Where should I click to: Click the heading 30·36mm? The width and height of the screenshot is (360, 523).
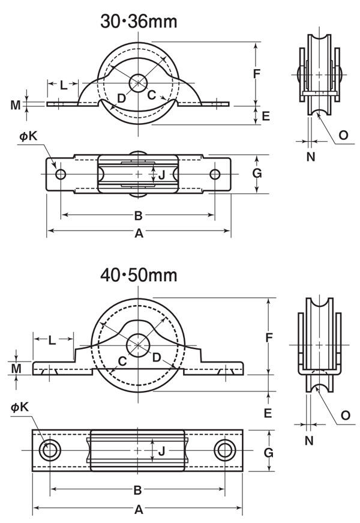[x=139, y=22]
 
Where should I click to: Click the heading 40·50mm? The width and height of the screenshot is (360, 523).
[x=139, y=276]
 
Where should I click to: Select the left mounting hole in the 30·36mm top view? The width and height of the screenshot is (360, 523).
[x=61, y=174]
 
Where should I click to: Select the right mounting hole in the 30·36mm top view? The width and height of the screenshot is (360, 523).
[x=215, y=174]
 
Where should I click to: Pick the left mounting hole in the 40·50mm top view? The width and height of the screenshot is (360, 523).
[x=50, y=450]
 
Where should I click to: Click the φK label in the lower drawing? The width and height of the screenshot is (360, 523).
[x=19, y=407]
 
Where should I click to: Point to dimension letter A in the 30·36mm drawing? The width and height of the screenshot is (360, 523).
[x=139, y=234]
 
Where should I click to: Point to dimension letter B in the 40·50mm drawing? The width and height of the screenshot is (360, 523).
[x=137, y=490]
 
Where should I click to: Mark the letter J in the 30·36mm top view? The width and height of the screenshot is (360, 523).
[x=161, y=175]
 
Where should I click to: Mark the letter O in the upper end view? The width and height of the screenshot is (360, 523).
[x=343, y=135]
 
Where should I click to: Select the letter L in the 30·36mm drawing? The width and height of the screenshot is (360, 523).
[x=64, y=85]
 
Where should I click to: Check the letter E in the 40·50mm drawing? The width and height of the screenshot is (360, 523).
[x=268, y=413]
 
